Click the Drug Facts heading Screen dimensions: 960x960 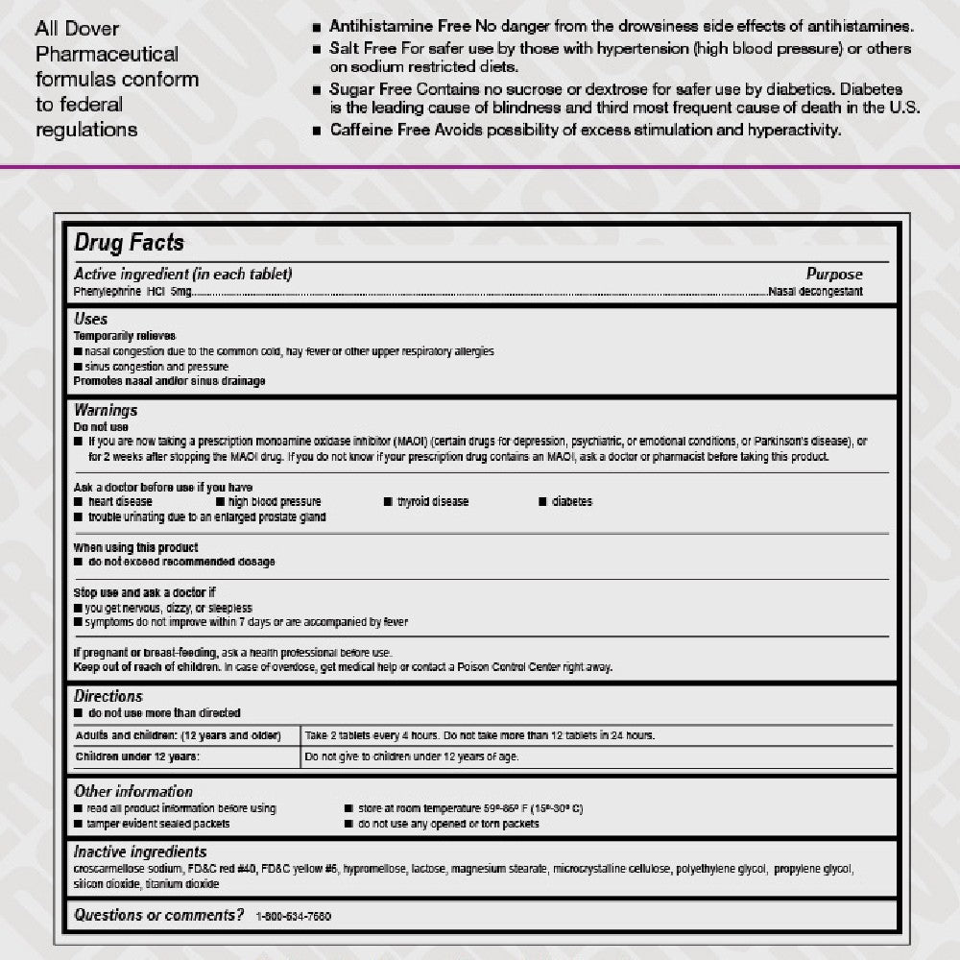pyautogui.click(x=130, y=244)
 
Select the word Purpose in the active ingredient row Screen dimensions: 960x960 pyautogui.click(x=833, y=275)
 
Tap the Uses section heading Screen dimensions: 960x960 pyautogui.click(x=91, y=319)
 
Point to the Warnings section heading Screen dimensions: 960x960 pyautogui.click(x=106, y=411)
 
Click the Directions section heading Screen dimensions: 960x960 pyautogui.click(x=108, y=696)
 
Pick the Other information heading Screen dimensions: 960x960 pyautogui.click(x=133, y=792)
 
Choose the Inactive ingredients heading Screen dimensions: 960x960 pyautogui.click(x=140, y=852)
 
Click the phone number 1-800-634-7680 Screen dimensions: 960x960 pyautogui.click(x=294, y=917)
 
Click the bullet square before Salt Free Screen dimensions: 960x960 pyautogui.click(x=316, y=48)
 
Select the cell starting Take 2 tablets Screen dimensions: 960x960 pyautogui.click(x=480, y=735)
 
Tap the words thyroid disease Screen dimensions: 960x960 pyautogui.click(x=433, y=502)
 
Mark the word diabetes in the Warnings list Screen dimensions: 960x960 pyautogui.click(x=572, y=502)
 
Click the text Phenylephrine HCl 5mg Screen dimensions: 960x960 pyautogui.click(x=132, y=291)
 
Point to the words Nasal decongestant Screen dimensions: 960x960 pyautogui.click(x=816, y=291)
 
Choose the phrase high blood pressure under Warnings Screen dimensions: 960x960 pyautogui.click(x=275, y=502)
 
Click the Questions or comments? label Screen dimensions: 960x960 pyautogui.click(x=159, y=915)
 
